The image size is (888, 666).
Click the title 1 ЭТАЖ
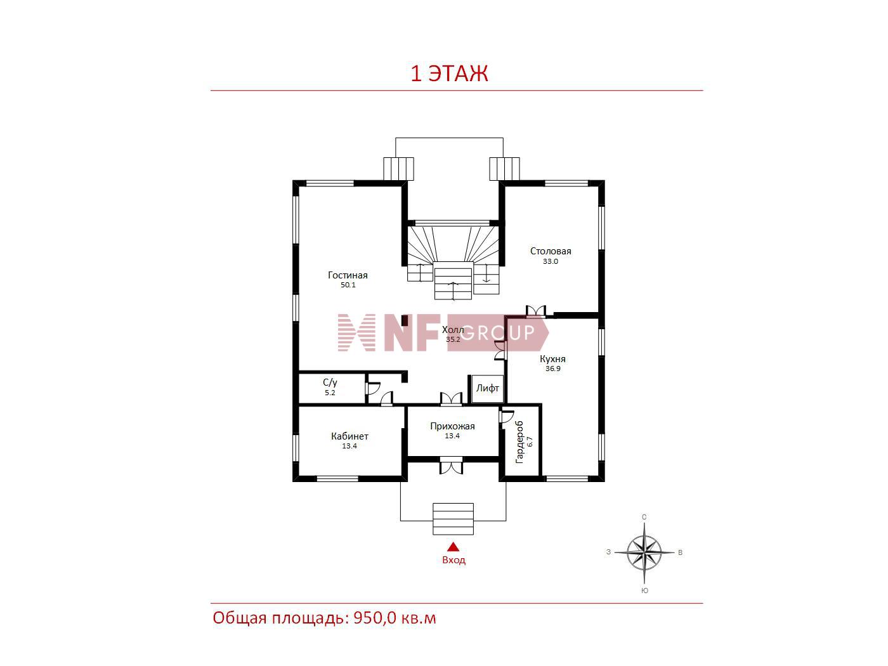pos(449,74)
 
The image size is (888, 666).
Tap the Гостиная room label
pos(348,275)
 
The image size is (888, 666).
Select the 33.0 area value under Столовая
pos(550,261)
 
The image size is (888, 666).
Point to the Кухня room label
pos(552,358)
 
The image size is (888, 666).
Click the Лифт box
pos(488,388)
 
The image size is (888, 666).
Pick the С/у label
pos(330,382)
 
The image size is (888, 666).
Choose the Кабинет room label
pos(349,436)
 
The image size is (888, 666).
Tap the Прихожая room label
pos(452,426)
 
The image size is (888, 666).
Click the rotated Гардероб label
pos(519,442)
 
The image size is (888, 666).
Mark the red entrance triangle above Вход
pos(453,547)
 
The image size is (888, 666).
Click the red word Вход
pos(454,560)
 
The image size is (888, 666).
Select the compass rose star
pos(644,552)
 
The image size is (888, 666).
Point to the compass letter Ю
pos(644,591)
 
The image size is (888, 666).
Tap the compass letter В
pos(680,552)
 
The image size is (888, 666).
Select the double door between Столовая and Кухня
pos(535,311)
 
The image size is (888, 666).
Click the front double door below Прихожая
pos(451,466)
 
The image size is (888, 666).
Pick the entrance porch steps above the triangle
pos(453,519)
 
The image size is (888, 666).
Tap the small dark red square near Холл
pos(404,321)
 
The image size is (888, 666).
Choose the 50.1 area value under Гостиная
pos(348,285)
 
